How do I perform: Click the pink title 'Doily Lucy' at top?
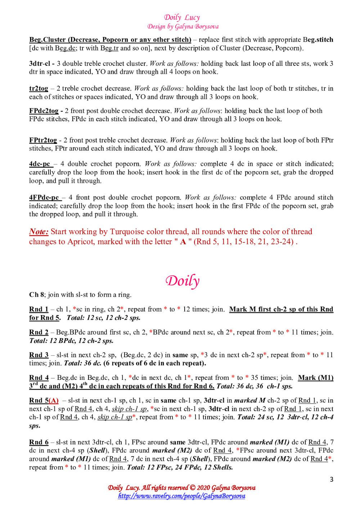pyautogui.click(x=182, y=17)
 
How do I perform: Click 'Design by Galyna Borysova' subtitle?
pyautogui.click(x=183, y=26)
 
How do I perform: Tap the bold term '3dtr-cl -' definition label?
pyautogui.click(x=41, y=64)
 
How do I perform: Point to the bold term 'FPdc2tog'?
pyautogui.click(x=44, y=111)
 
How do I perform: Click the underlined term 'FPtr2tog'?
pyautogui.click(x=43, y=140)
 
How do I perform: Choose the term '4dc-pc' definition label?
pyautogui.click(x=40, y=164)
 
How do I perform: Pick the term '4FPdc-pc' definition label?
pyautogui.click(x=44, y=197)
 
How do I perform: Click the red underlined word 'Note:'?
pyautogui.click(x=39, y=232)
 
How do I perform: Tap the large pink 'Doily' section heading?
pyautogui.click(x=182, y=281)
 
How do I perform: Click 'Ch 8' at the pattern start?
pyautogui.click(x=36, y=295)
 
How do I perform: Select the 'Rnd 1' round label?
pyautogui.click(x=39, y=309)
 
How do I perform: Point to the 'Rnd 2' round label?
pyautogui.click(x=39, y=332)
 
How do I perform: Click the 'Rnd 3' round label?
pyautogui.click(x=39, y=355)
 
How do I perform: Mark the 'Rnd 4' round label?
pyautogui.click(x=39, y=378)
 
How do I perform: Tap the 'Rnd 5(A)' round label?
pyautogui.click(x=44, y=400)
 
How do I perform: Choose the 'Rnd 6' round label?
pyautogui.click(x=39, y=442)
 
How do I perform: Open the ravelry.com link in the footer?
pyautogui.click(x=182, y=496)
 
